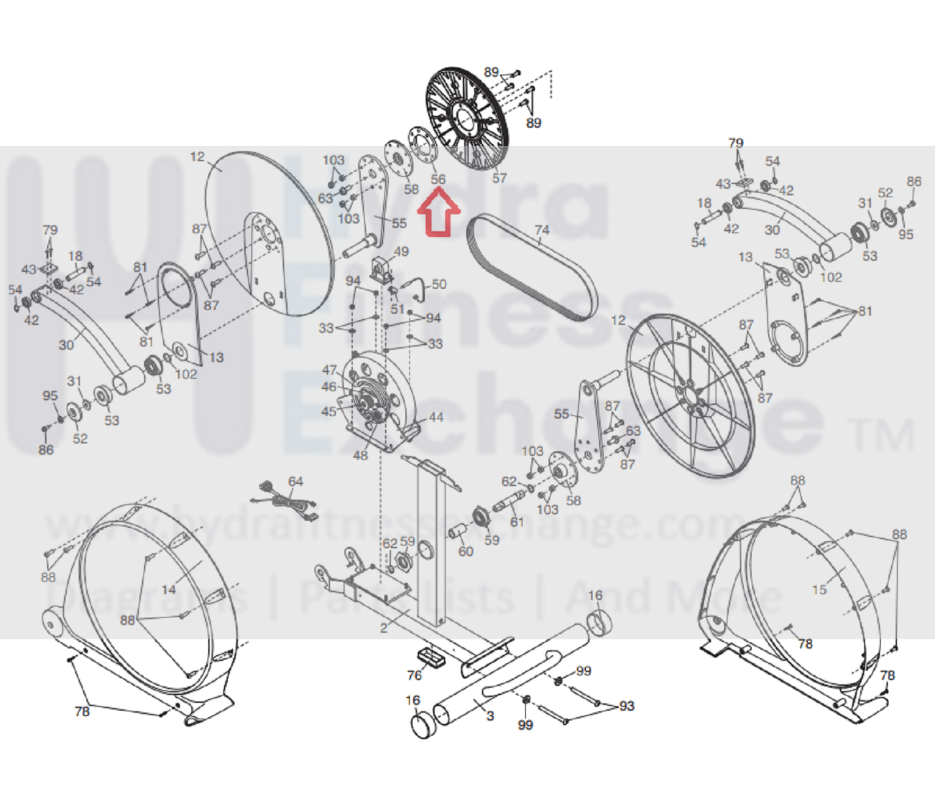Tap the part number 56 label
(x=438, y=179)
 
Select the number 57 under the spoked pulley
(x=500, y=178)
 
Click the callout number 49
(x=401, y=251)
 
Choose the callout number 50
(x=439, y=284)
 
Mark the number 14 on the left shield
(x=169, y=589)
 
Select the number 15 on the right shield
(x=819, y=589)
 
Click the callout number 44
(x=436, y=417)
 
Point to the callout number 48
(x=360, y=455)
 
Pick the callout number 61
(x=517, y=522)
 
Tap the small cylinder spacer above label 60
(x=457, y=532)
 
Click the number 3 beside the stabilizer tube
(x=490, y=715)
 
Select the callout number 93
(x=626, y=705)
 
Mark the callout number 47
(x=330, y=370)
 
